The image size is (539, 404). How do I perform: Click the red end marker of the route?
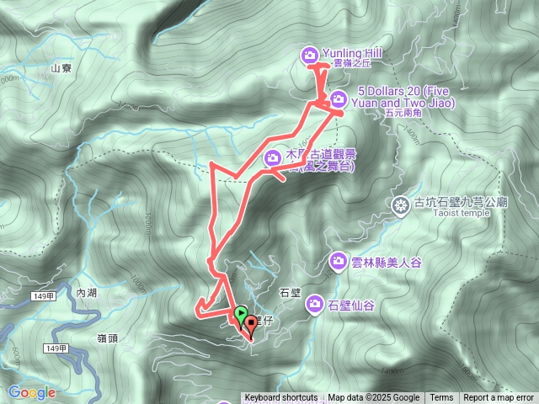point(250,324)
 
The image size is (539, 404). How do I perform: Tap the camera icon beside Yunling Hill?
point(309,55)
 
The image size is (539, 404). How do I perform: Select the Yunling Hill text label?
point(352,52)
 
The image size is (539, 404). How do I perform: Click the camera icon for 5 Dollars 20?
point(337,97)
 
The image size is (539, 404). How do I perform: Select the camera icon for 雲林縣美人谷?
point(338,261)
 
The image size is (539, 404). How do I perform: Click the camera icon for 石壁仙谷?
point(315,303)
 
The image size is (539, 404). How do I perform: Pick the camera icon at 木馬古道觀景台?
point(274,157)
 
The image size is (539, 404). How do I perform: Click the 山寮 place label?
point(61,69)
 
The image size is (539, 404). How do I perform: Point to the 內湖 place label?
point(86,292)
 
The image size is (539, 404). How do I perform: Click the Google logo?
point(31,392)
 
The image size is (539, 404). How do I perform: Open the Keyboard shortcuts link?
point(280,398)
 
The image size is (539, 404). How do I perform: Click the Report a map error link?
point(499,398)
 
